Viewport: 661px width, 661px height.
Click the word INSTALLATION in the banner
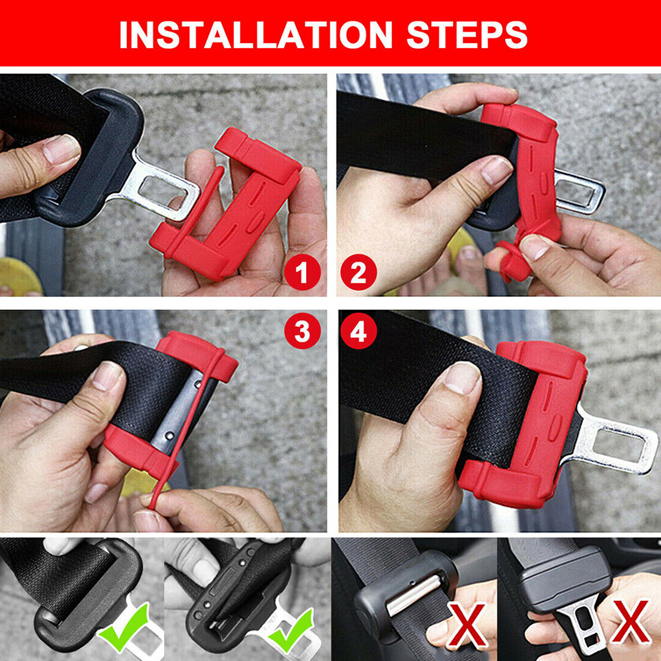point(256,34)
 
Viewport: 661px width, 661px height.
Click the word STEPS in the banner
point(467,34)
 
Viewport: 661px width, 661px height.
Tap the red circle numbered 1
point(302,272)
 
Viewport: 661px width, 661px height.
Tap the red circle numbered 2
point(358,272)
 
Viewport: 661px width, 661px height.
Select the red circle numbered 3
point(302,331)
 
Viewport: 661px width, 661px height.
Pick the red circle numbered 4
point(358,331)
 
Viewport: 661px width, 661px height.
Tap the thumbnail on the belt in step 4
point(463,377)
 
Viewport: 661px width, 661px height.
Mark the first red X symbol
point(466,625)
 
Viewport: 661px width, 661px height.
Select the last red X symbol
point(629,623)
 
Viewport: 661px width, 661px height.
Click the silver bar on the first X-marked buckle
point(413,594)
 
